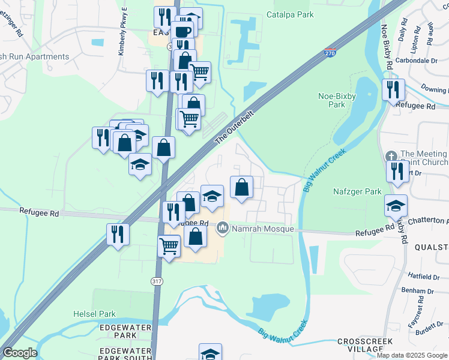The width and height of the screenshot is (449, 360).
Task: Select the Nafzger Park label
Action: click(357, 192)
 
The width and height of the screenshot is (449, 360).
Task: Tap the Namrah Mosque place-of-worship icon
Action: click(223, 228)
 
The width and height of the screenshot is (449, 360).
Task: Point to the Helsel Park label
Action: click(94, 313)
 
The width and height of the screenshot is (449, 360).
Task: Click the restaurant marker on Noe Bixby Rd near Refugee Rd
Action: click(393, 89)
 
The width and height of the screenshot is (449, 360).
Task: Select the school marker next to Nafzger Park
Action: click(396, 205)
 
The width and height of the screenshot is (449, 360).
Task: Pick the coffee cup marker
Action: click(183, 31)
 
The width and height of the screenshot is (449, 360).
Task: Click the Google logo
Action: click(20, 353)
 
